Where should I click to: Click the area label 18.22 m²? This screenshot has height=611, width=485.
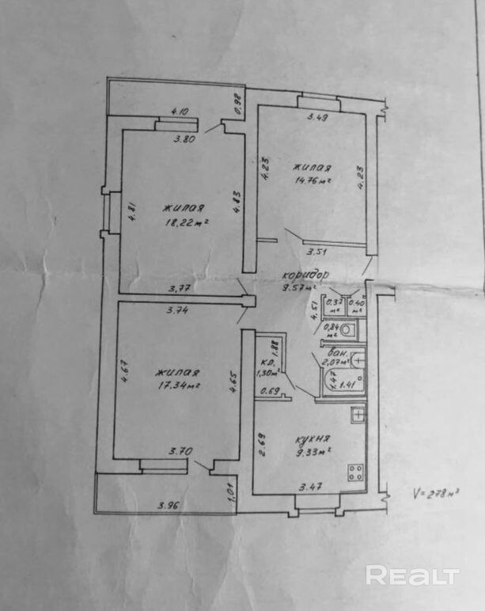tap(187, 223)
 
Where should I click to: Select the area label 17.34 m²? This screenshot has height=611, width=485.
tap(176, 386)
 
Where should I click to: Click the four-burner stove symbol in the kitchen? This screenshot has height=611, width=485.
tap(356, 473)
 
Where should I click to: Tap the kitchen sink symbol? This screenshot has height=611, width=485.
tap(358, 413)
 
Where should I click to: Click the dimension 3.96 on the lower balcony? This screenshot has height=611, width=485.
tap(168, 503)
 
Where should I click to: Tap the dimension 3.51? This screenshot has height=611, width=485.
tap(316, 252)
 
